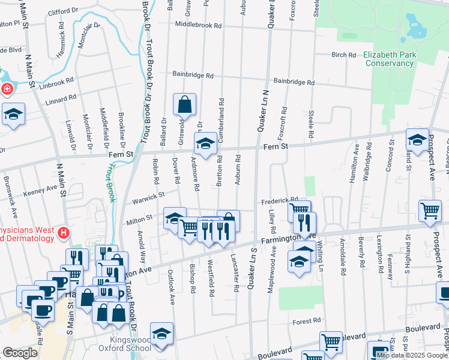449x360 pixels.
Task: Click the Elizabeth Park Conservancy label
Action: point(389,59)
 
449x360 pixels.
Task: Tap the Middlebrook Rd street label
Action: point(198,26)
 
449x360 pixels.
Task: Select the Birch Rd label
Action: point(343,55)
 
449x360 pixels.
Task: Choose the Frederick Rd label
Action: point(279,200)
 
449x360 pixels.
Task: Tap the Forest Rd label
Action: point(306,322)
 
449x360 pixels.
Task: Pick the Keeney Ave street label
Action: point(40,191)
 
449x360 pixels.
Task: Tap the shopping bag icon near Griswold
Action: point(184,104)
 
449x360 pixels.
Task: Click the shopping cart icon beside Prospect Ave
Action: point(430,211)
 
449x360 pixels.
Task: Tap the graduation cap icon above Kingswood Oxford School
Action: point(161,333)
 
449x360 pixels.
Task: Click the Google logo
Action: point(20,353)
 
